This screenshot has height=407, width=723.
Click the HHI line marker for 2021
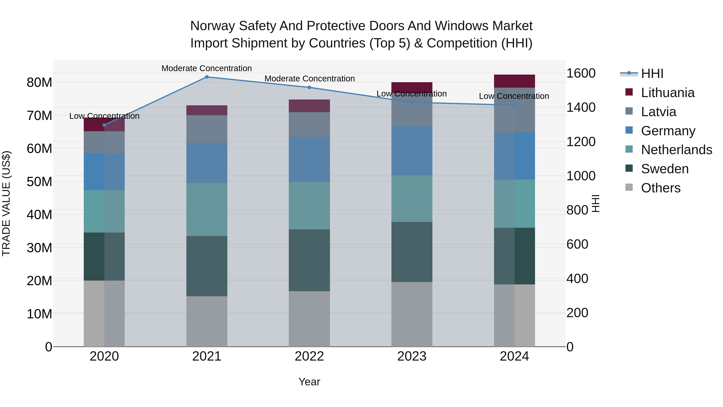207,77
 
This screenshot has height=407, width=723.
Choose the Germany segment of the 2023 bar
412,151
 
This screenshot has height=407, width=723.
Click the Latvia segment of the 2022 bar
309,124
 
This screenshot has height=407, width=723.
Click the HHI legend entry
652,74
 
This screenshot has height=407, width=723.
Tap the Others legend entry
660,188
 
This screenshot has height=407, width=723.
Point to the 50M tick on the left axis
39,182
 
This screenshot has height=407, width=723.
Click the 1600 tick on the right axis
581,73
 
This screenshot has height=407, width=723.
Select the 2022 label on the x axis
309,356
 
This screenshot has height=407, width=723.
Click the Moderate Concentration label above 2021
207,68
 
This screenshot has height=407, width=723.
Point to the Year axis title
309,382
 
